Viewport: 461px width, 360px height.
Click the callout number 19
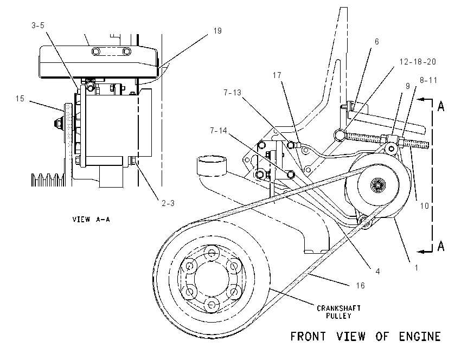(217, 31)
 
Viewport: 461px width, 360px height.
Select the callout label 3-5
(38, 25)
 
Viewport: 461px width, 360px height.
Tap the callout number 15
(20, 99)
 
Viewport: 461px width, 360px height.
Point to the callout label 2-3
(168, 203)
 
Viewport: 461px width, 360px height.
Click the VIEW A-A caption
(91, 219)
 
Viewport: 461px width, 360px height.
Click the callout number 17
(277, 75)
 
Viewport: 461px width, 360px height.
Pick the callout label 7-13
(232, 93)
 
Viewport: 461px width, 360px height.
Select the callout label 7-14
(219, 131)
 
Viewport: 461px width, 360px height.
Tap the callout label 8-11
(428, 80)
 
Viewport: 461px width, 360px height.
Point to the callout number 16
(360, 285)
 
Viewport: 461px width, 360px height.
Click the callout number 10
(424, 205)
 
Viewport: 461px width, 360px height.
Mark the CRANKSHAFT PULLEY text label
(338, 312)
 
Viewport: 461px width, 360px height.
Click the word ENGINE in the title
(420, 337)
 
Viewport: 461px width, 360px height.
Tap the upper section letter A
(441, 106)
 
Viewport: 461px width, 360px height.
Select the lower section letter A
(441, 246)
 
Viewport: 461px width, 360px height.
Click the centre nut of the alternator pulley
(376, 185)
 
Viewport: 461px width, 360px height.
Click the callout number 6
(376, 42)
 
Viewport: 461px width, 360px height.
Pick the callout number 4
(378, 271)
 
